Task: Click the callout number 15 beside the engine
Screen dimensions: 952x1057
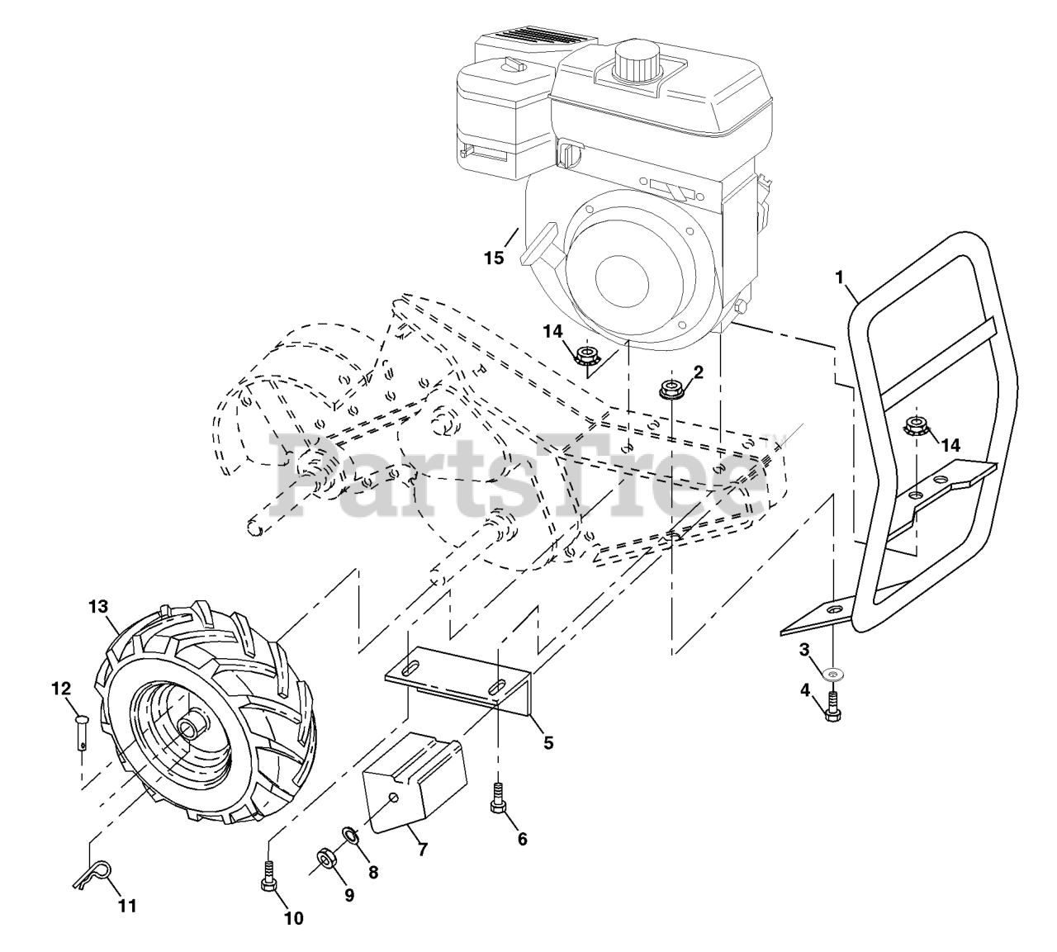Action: (x=493, y=258)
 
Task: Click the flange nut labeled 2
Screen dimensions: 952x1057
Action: (x=671, y=387)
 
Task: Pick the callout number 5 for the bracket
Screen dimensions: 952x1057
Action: (x=548, y=742)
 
